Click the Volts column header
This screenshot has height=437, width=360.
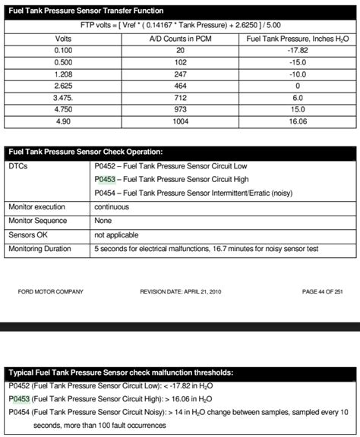(x=64, y=37)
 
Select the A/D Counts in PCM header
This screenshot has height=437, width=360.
(x=180, y=37)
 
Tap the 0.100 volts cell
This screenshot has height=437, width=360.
(x=64, y=51)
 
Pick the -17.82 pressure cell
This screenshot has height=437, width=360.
(x=297, y=51)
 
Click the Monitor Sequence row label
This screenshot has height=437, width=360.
(x=36, y=220)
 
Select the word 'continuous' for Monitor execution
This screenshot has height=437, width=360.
(x=112, y=206)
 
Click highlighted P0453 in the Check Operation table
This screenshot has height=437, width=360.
(x=105, y=179)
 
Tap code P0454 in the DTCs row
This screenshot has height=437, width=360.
(x=105, y=193)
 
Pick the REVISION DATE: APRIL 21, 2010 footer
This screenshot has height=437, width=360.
(x=180, y=291)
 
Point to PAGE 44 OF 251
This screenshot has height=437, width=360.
(x=322, y=291)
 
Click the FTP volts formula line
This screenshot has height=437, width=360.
(x=180, y=24)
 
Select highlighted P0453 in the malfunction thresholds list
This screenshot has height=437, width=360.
(x=19, y=398)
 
